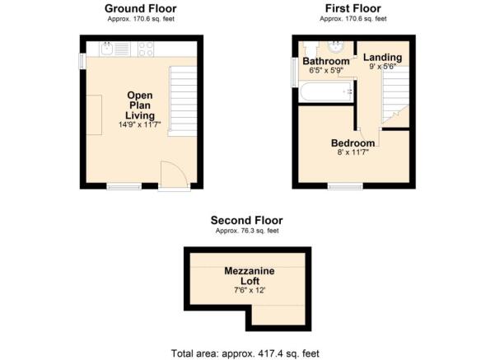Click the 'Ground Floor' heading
point(139,8)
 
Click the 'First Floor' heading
point(351,8)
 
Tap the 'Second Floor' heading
point(246,220)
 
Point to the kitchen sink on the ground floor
point(113,49)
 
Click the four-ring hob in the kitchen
point(146,49)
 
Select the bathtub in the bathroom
point(326,92)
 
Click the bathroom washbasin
point(337,46)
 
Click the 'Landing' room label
point(383,57)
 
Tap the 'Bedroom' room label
point(352,143)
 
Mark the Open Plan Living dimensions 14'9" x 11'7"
point(139,125)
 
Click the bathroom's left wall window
point(296,71)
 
